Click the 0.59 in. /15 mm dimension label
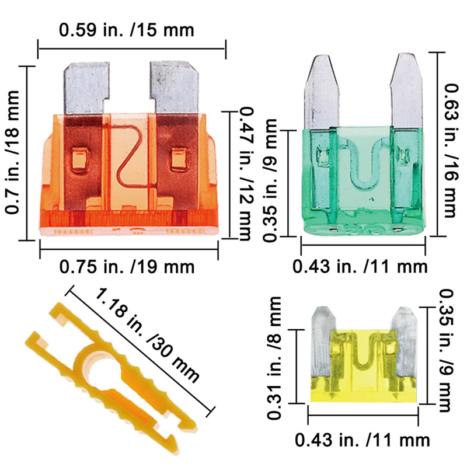[127, 30]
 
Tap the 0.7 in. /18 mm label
[12, 152]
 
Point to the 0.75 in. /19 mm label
[127, 267]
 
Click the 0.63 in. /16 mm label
[451, 151]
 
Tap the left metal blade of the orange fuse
[86, 88]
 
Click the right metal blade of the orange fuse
[175, 88]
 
